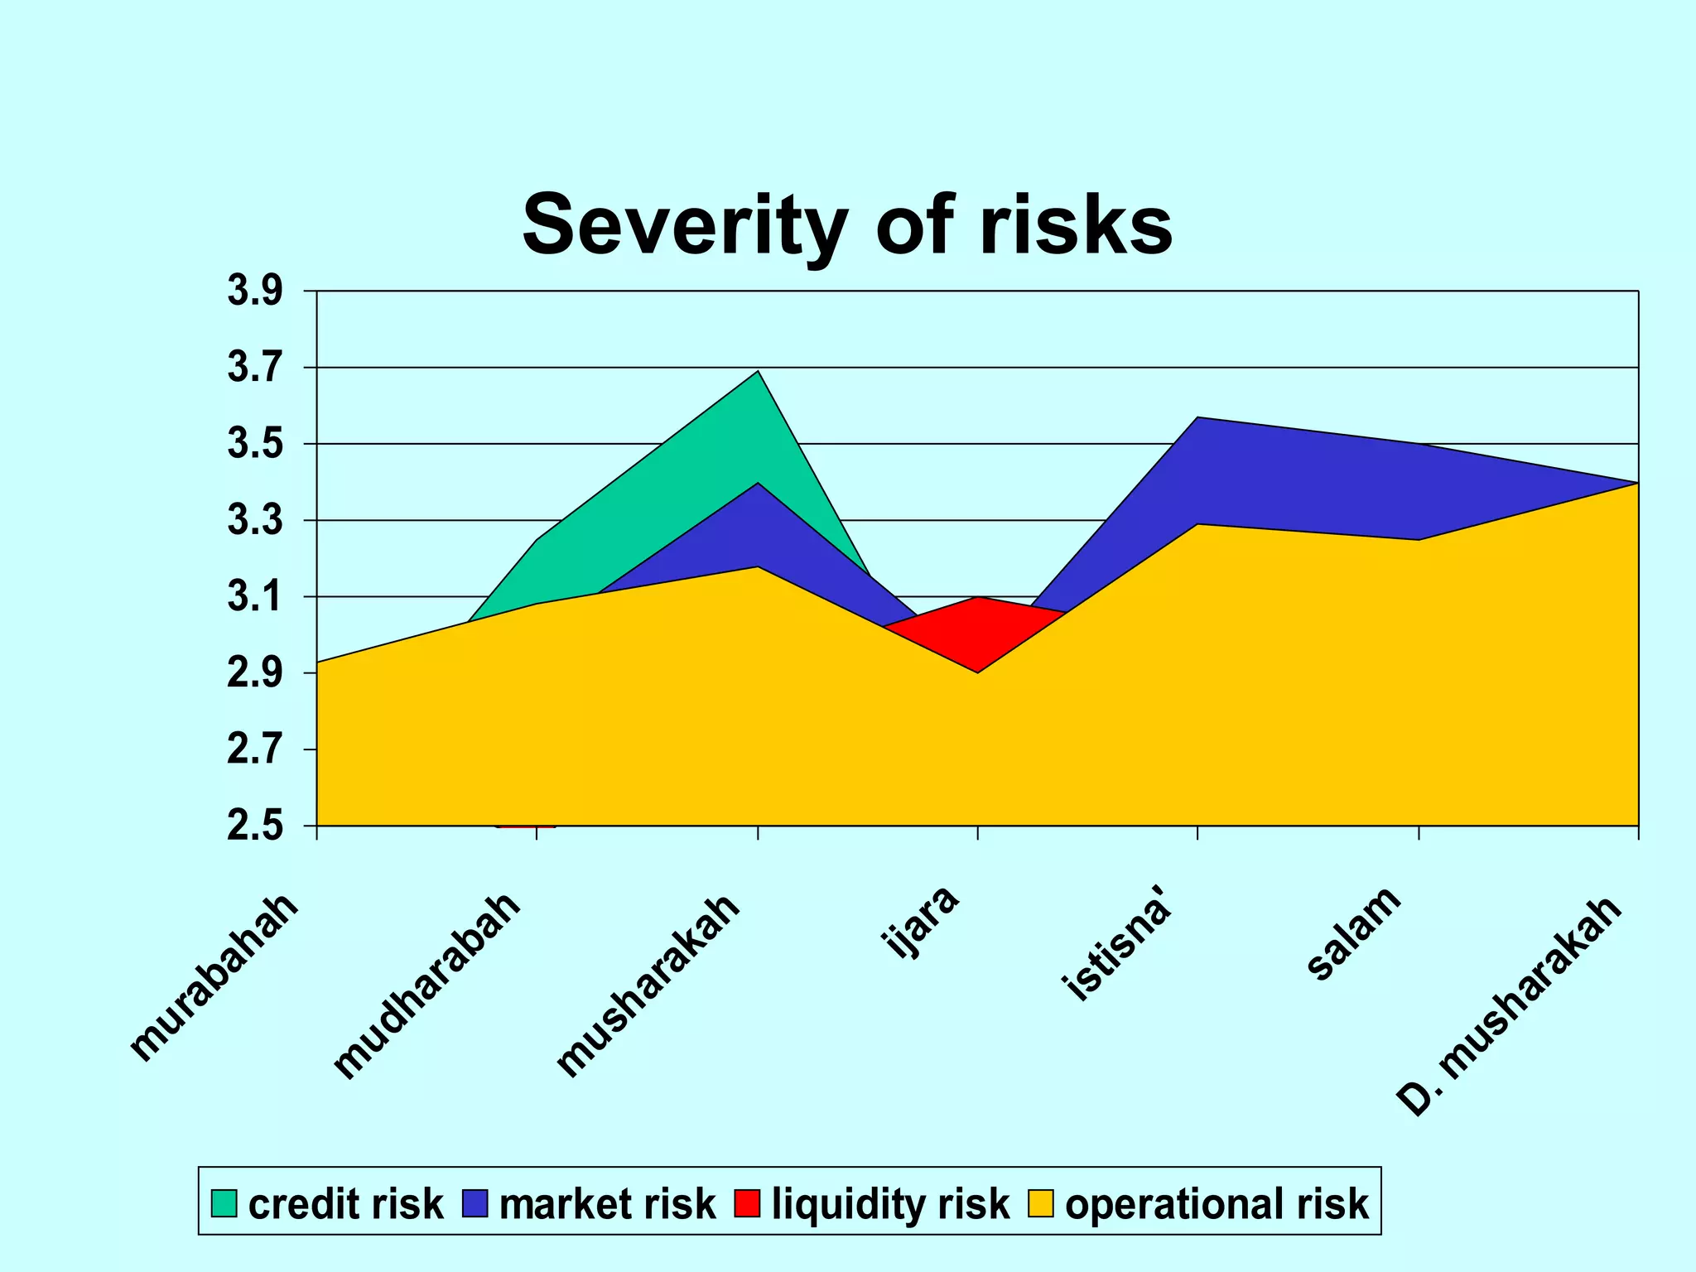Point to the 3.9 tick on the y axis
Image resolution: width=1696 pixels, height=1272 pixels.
(x=255, y=291)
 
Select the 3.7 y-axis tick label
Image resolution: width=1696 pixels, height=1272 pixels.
(x=255, y=368)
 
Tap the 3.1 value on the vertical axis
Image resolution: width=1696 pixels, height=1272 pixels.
(x=255, y=597)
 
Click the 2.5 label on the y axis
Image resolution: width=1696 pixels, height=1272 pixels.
(x=255, y=826)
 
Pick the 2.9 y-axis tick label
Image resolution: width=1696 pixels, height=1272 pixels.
(x=255, y=673)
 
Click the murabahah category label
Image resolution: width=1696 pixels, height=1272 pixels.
(x=214, y=977)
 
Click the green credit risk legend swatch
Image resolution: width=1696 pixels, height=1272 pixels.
(x=224, y=1203)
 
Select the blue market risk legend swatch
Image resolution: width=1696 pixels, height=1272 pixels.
(x=475, y=1203)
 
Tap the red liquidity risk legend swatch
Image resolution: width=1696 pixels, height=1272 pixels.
(x=746, y=1203)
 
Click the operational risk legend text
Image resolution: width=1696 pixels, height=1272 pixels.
(x=1217, y=1203)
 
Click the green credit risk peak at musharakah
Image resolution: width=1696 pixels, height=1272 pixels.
(x=755, y=389)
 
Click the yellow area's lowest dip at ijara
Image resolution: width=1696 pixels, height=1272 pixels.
(x=978, y=687)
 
